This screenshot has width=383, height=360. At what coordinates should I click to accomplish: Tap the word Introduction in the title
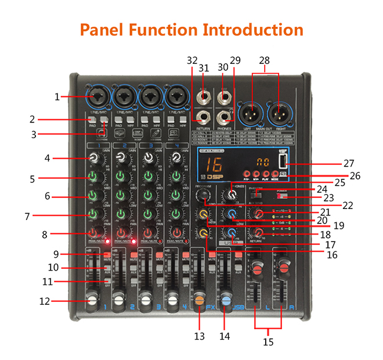pos(252,30)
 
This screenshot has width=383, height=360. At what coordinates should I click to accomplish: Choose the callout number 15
pos(268,342)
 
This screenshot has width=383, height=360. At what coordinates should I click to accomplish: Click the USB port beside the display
pos(282,161)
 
